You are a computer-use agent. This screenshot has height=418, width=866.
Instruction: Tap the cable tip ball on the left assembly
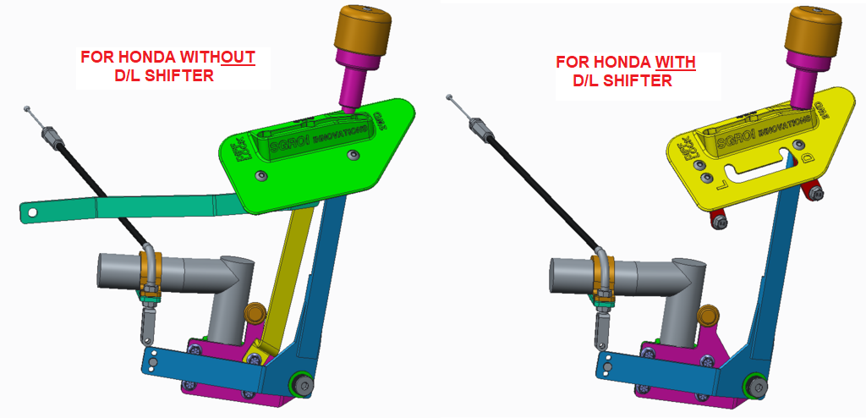(28, 108)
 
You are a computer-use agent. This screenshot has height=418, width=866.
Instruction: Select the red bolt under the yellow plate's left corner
(717, 223)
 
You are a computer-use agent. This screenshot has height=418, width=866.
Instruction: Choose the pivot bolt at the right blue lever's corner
(752, 387)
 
